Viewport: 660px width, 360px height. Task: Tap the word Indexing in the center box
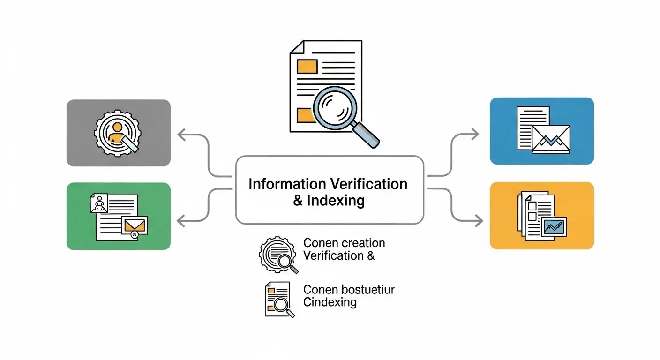[336, 201]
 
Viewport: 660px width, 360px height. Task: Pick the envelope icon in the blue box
[551, 139]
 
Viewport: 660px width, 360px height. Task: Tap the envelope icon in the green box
[134, 225]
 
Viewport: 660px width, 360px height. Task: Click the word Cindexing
[330, 302]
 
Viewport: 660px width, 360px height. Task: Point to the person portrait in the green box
[99, 204]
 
